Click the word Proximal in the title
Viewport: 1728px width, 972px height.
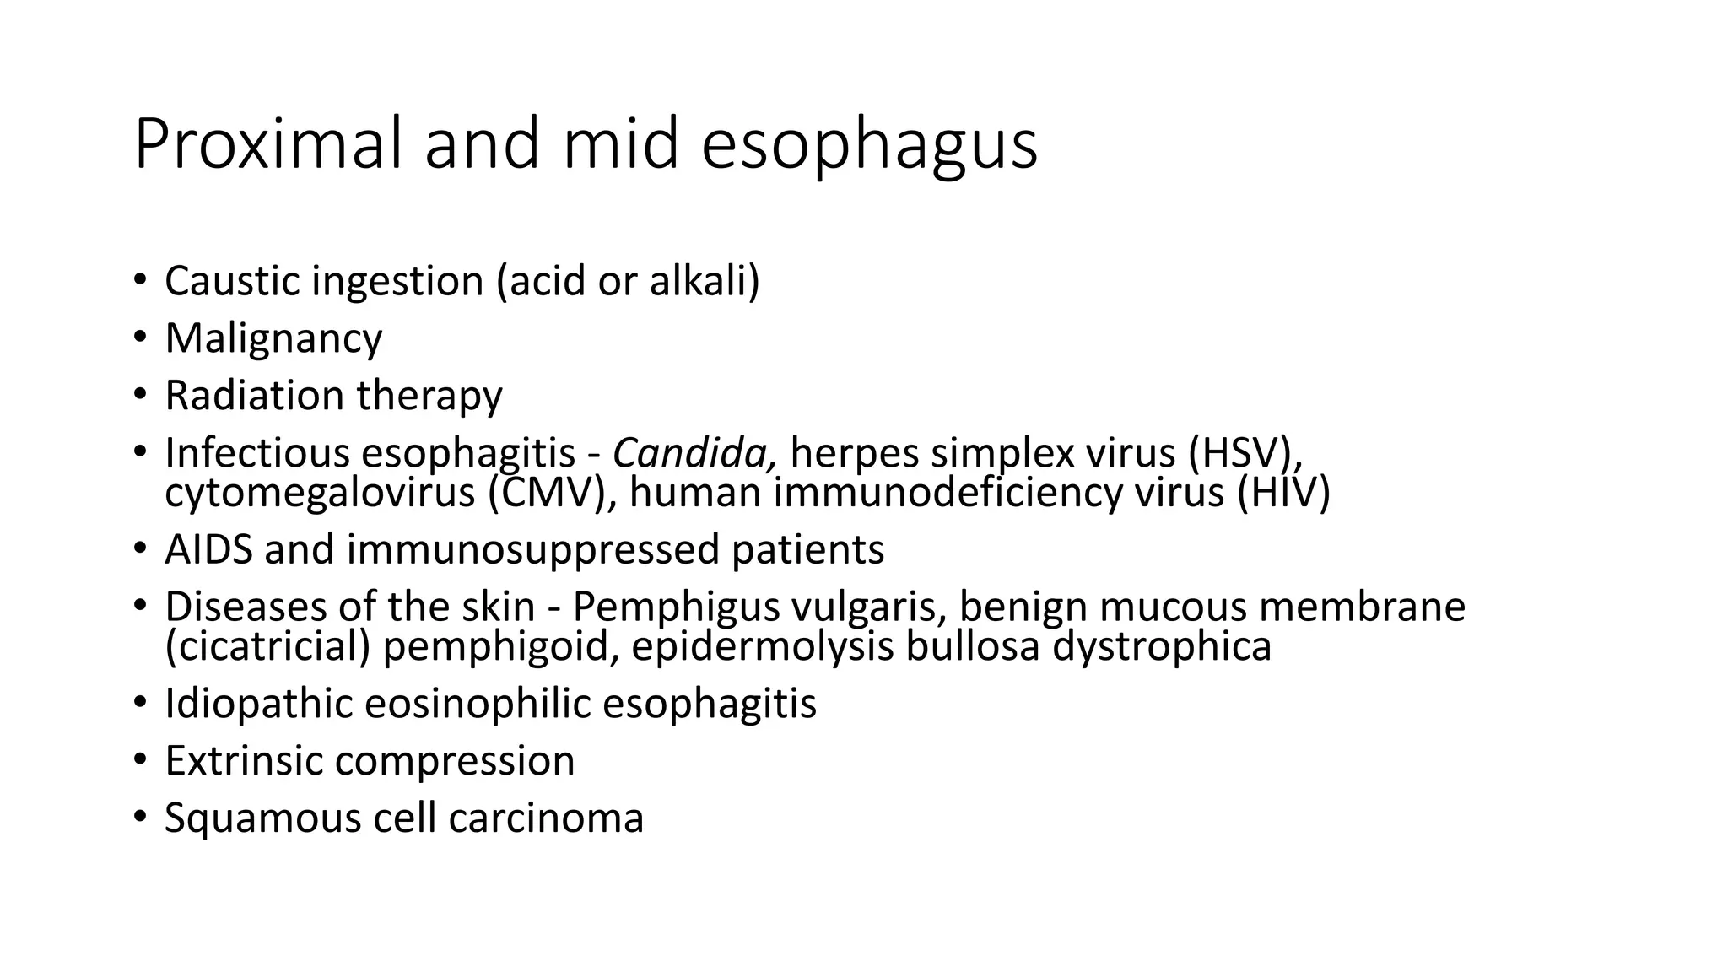pos(269,145)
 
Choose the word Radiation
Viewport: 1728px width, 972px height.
pos(254,396)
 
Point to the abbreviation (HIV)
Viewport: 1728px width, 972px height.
pos(1283,493)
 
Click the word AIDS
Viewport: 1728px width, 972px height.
pos(208,549)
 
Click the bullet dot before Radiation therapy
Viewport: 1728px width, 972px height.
pos(139,394)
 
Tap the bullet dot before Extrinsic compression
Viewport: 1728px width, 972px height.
pos(139,759)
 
